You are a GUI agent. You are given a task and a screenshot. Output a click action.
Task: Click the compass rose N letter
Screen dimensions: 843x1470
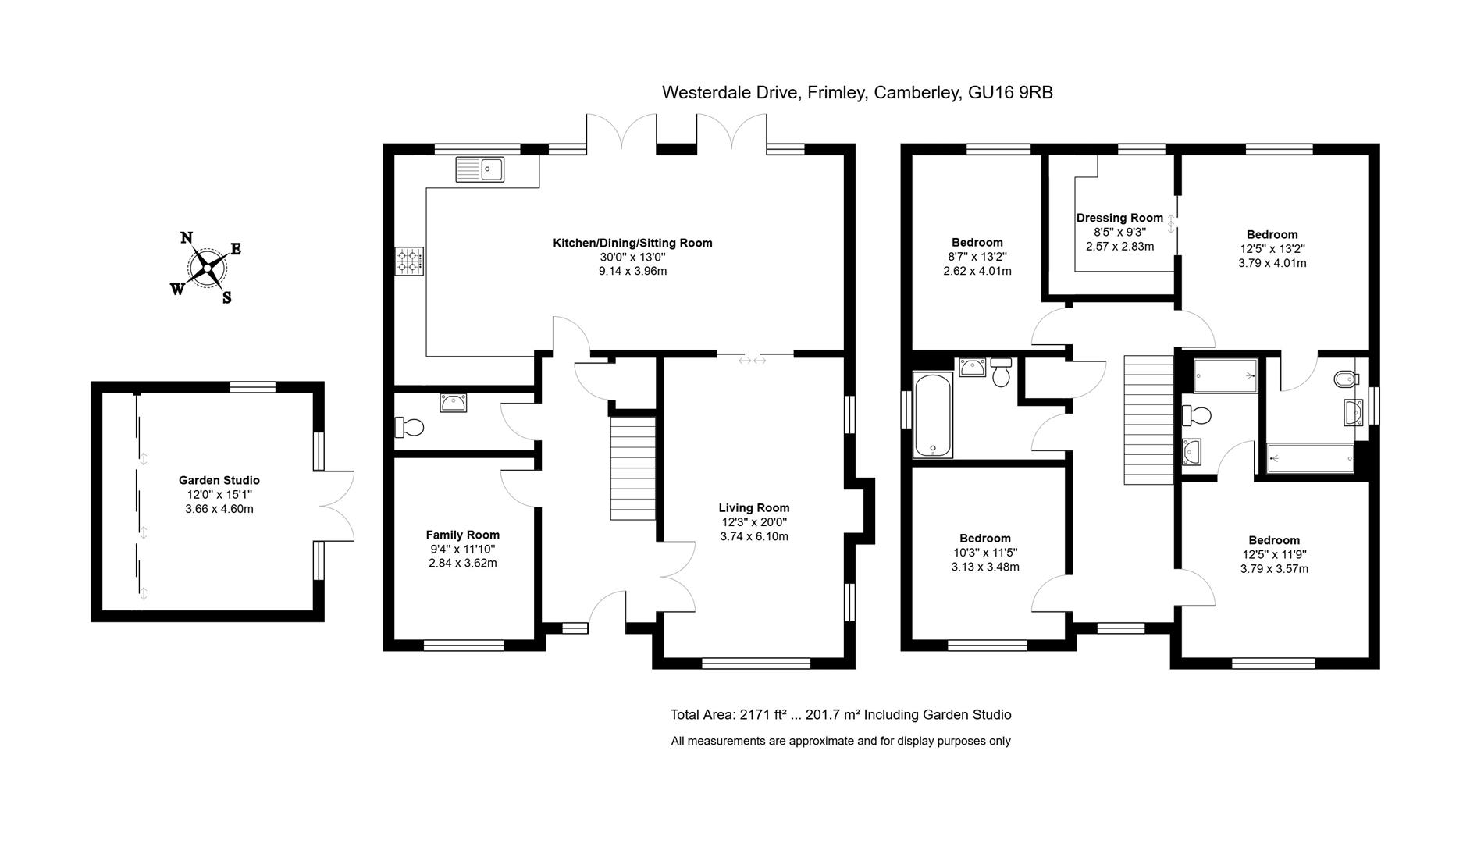(x=187, y=238)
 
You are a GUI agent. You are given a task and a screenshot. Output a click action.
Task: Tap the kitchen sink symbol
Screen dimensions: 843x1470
(x=480, y=169)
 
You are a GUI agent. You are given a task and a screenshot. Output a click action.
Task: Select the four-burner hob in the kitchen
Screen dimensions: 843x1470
(x=410, y=261)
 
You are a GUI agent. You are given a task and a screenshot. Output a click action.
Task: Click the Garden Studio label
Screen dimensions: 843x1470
(x=219, y=480)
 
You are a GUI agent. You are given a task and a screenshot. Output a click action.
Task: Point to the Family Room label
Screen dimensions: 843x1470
(x=462, y=535)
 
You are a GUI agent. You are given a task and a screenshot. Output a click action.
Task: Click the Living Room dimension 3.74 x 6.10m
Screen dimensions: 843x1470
(x=753, y=536)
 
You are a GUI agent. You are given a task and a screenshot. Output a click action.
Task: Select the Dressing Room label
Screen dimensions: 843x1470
(x=1119, y=218)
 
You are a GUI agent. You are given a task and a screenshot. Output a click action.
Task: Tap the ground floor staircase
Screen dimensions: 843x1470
(x=632, y=468)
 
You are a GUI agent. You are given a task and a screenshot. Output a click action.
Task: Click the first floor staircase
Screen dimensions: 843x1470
(x=1148, y=419)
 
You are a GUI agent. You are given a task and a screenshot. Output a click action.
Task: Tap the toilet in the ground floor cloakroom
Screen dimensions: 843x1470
(x=410, y=427)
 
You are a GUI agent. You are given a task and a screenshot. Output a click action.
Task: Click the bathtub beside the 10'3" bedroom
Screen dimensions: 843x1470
(x=932, y=416)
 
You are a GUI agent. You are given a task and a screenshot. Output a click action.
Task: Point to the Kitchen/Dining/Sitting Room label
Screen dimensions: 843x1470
(x=632, y=243)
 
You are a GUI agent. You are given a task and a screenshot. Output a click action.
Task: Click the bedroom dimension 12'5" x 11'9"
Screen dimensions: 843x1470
(x=1273, y=554)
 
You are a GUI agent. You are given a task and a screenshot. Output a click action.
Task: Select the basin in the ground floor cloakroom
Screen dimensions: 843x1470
(x=454, y=403)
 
